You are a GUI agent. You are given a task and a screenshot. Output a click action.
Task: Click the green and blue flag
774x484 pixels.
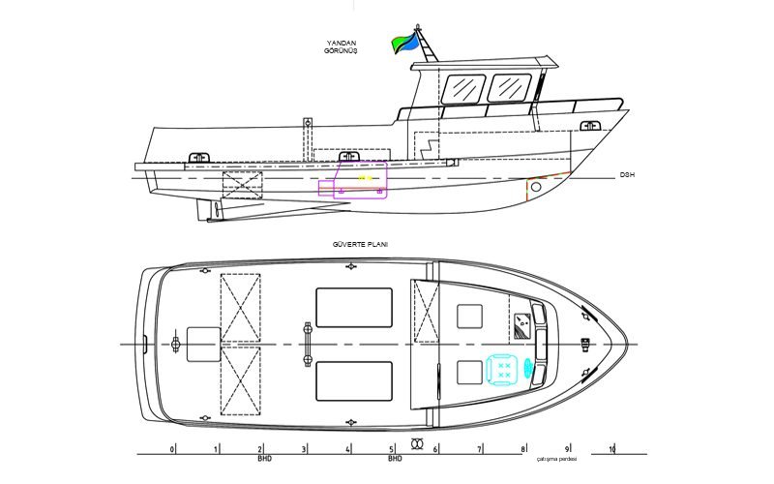click(x=404, y=44)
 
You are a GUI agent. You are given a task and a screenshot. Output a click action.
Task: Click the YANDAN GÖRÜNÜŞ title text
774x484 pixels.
click(x=341, y=46)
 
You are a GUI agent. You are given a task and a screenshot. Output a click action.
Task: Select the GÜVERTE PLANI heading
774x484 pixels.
click(x=360, y=245)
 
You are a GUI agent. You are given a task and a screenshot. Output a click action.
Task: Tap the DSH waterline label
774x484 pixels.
click(x=627, y=175)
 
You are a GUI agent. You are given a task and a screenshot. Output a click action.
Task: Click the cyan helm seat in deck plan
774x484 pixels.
click(x=503, y=369)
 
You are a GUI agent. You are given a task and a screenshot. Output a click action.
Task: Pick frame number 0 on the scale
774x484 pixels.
click(x=172, y=449)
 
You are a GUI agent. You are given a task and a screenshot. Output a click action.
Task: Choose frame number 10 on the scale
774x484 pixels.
click(x=612, y=449)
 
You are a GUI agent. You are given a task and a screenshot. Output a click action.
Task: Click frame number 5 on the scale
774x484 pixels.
click(x=392, y=449)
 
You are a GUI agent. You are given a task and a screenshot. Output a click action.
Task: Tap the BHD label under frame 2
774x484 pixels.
click(x=264, y=459)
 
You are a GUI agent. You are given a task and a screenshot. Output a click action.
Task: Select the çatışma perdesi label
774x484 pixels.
click(x=557, y=459)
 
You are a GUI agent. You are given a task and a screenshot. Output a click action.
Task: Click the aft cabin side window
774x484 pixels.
click(x=463, y=89)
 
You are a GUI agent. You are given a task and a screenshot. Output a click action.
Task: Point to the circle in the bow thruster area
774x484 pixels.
click(x=536, y=187)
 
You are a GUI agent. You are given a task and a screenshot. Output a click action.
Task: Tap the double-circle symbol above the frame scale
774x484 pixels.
click(x=417, y=443)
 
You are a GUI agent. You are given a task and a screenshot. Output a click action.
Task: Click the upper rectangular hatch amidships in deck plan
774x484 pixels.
click(x=354, y=308)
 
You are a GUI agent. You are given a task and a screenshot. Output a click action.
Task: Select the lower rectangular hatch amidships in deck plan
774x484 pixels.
click(x=354, y=381)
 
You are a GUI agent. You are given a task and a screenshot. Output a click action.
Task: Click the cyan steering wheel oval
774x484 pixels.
click(x=528, y=369)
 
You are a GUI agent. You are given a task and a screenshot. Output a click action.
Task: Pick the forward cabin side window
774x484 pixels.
click(x=510, y=88)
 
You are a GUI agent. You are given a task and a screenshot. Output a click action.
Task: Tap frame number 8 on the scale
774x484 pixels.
click(x=523, y=449)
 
